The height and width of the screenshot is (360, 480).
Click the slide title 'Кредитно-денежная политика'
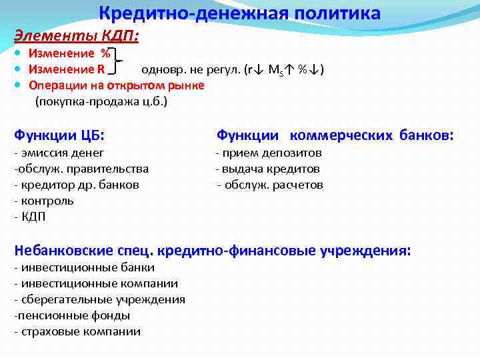(240, 13)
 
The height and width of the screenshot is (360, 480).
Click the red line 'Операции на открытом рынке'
(116, 85)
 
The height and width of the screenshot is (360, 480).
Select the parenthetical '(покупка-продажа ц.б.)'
(101, 101)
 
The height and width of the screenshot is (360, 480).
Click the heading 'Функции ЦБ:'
(60, 135)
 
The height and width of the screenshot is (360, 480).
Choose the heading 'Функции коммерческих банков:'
(335, 135)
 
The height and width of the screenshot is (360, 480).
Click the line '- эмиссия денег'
(59, 153)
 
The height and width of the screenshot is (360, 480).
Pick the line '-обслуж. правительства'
(81, 169)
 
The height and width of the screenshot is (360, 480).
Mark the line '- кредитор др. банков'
(77, 185)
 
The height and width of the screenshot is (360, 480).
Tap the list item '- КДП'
(31, 217)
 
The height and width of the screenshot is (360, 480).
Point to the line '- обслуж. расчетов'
(270, 185)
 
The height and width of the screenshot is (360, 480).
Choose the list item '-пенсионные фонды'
(72, 315)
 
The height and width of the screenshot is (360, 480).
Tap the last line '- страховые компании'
(77, 331)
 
